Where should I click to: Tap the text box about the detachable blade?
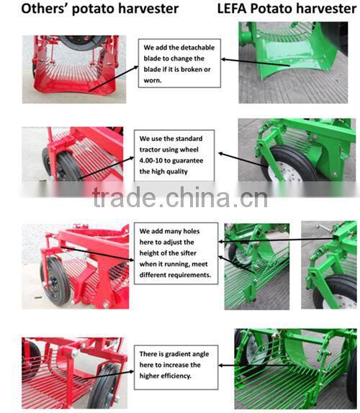pyautogui.click(x=176, y=63)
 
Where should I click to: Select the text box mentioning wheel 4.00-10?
pyautogui.click(x=174, y=155)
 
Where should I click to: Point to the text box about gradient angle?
pyautogui.click(x=174, y=364)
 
